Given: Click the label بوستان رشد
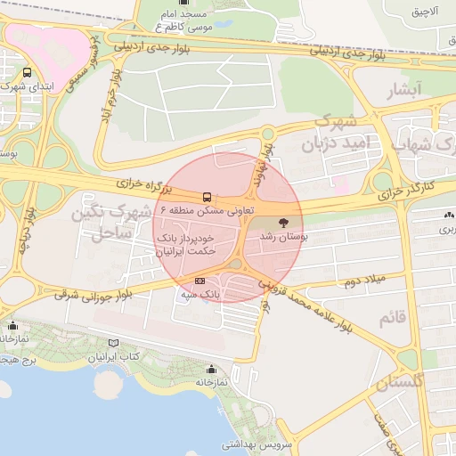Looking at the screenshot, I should pyautogui.click(x=282, y=239).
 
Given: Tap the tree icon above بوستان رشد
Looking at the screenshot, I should pyautogui.click(x=283, y=223).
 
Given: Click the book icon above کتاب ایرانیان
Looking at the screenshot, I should pyautogui.click(x=111, y=343).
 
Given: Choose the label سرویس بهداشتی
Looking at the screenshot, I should pyautogui.click(x=253, y=442).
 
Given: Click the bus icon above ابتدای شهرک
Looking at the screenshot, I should pyautogui.click(x=28, y=72).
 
